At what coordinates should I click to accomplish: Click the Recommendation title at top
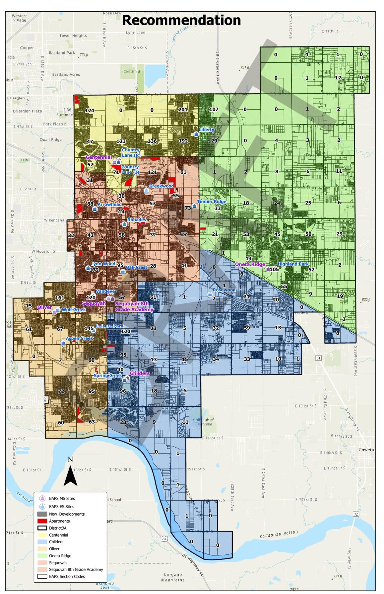181,20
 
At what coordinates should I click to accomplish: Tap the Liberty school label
207,130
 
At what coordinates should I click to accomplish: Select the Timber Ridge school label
212,202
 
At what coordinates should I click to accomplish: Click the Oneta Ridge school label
250,264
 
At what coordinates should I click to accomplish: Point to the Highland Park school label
293,264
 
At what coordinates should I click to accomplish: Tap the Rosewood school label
224,290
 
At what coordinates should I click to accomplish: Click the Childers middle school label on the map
140,373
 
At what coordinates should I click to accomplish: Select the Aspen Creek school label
80,338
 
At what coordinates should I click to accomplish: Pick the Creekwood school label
161,186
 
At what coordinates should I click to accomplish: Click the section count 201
183,110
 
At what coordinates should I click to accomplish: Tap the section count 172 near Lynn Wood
94,270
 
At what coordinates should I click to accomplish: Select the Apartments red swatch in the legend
42,521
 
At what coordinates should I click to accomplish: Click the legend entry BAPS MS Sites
62,498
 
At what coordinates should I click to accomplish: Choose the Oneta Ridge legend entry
60,555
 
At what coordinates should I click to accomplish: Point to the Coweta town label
366,450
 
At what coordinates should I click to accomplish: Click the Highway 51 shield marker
318,358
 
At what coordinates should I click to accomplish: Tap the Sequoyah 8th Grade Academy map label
134,306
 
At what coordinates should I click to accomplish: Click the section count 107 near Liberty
214,109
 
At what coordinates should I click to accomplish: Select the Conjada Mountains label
173,577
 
